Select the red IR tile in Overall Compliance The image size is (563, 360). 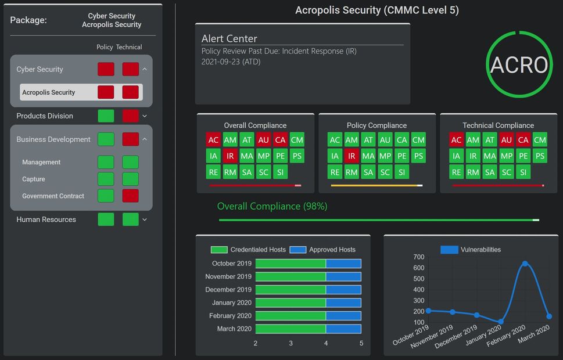pos(231,156)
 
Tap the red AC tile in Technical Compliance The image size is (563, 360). pos(457,139)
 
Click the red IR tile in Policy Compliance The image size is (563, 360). pos(352,156)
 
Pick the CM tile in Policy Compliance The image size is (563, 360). pos(418,139)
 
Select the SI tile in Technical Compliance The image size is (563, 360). pos(523,172)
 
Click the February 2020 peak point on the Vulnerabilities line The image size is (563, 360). pos(525,264)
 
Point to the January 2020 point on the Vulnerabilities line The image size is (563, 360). pos(501,321)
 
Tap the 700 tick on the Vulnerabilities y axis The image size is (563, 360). pos(418,257)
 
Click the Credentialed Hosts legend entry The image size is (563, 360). pos(248,250)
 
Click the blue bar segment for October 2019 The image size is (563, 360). pos(343,264)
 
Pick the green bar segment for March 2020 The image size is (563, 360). pos(291,329)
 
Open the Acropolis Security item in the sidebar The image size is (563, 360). pos(49,92)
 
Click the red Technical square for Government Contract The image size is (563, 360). pos(131,196)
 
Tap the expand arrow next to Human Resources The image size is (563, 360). pos(145,219)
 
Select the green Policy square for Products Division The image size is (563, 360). pos(106,116)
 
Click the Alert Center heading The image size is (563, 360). pos(229,38)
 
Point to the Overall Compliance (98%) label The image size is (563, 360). pos(272,206)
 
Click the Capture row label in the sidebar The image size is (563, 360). pos(34,179)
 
